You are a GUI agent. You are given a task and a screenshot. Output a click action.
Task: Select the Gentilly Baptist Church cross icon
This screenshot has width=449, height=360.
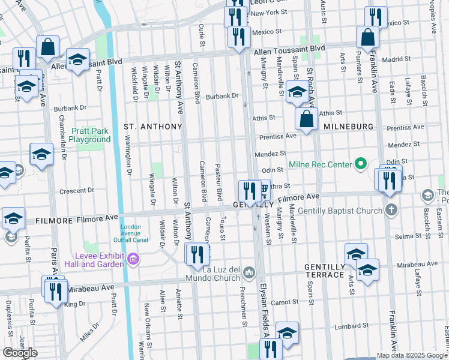[391, 211]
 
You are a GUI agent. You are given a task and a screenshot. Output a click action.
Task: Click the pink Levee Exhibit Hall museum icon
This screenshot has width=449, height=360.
[133, 259]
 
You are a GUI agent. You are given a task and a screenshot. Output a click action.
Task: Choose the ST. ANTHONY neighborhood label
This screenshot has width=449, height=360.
[152, 127]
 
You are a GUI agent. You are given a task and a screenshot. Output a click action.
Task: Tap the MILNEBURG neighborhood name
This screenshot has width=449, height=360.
[349, 127]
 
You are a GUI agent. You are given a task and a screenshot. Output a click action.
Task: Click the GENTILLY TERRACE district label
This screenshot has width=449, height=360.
[324, 271]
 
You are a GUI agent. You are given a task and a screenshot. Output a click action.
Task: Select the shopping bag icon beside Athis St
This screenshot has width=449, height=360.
[307, 119]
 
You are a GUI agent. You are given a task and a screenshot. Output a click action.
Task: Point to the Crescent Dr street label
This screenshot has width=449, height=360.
[77, 191]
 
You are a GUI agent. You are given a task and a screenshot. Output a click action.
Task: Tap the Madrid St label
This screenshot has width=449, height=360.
[396, 59]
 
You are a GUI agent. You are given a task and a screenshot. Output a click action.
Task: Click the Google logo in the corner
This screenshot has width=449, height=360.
[20, 353]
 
